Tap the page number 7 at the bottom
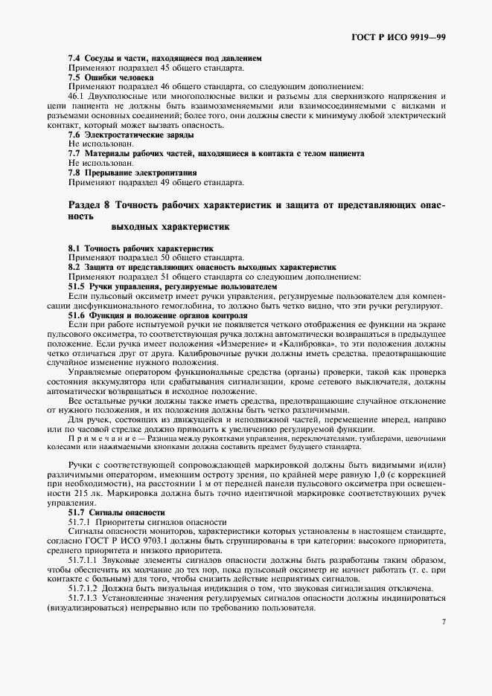click(444, 622)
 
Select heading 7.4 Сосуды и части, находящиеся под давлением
click(164, 57)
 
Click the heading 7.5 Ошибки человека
click(111, 77)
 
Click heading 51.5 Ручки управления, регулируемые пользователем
click(173, 286)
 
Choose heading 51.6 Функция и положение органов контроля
click(158, 315)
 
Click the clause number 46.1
click(78, 96)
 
